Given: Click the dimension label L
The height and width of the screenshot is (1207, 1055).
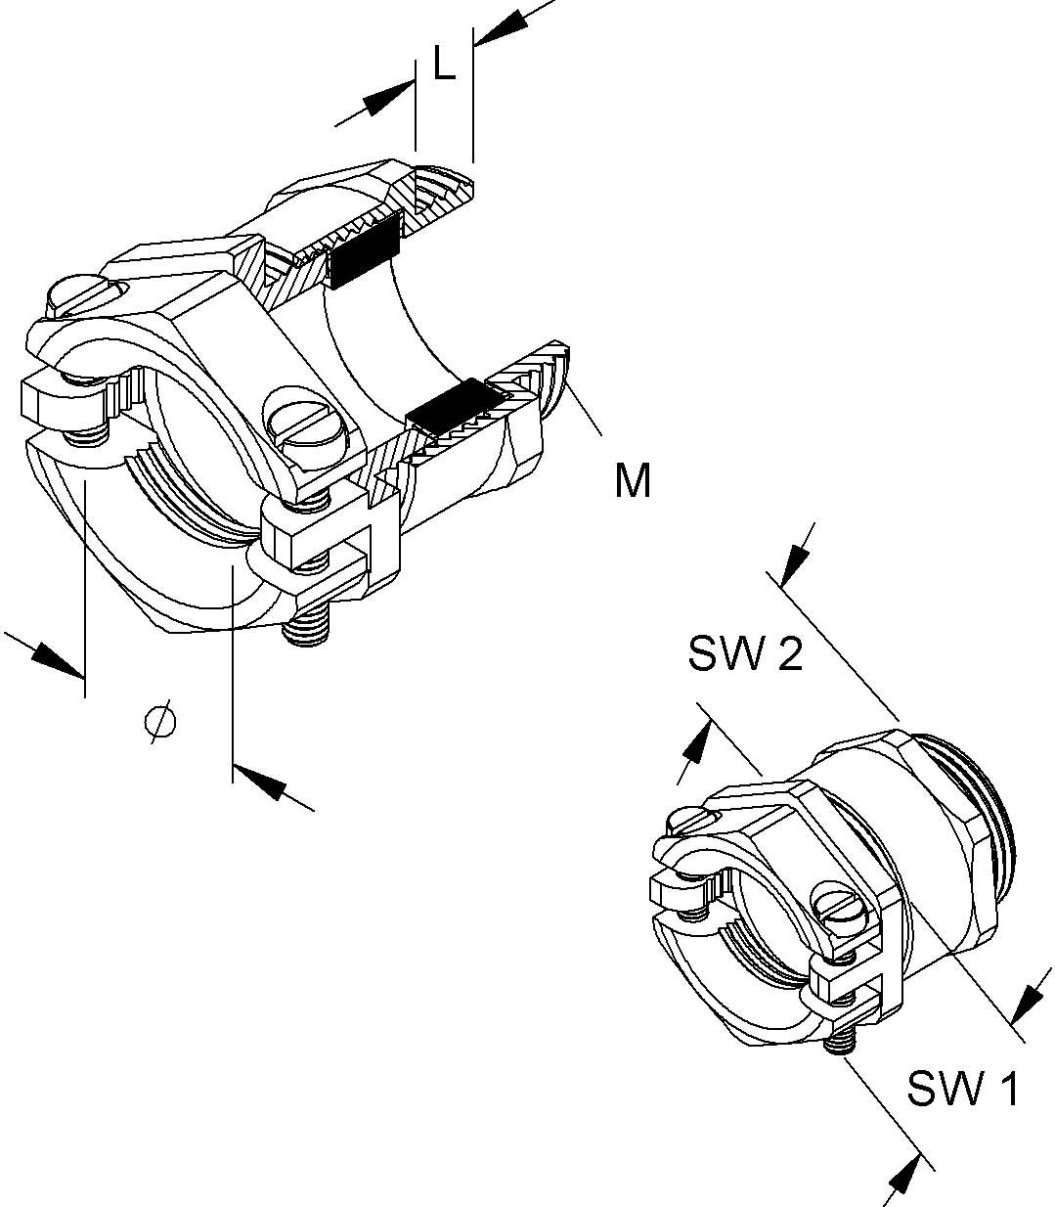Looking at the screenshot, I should pyautogui.click(x=444, y=66).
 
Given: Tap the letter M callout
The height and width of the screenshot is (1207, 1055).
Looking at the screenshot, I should pyautogui.click(x=633, y=480).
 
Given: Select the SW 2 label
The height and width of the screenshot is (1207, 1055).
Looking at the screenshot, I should pyautogui.click(x=745, y=653).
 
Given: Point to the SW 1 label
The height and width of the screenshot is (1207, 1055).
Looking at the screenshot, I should pyautogui.click(x=963, y=1088).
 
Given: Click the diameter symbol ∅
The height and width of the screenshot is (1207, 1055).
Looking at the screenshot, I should pyautogui.click(x=160, y=722).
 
